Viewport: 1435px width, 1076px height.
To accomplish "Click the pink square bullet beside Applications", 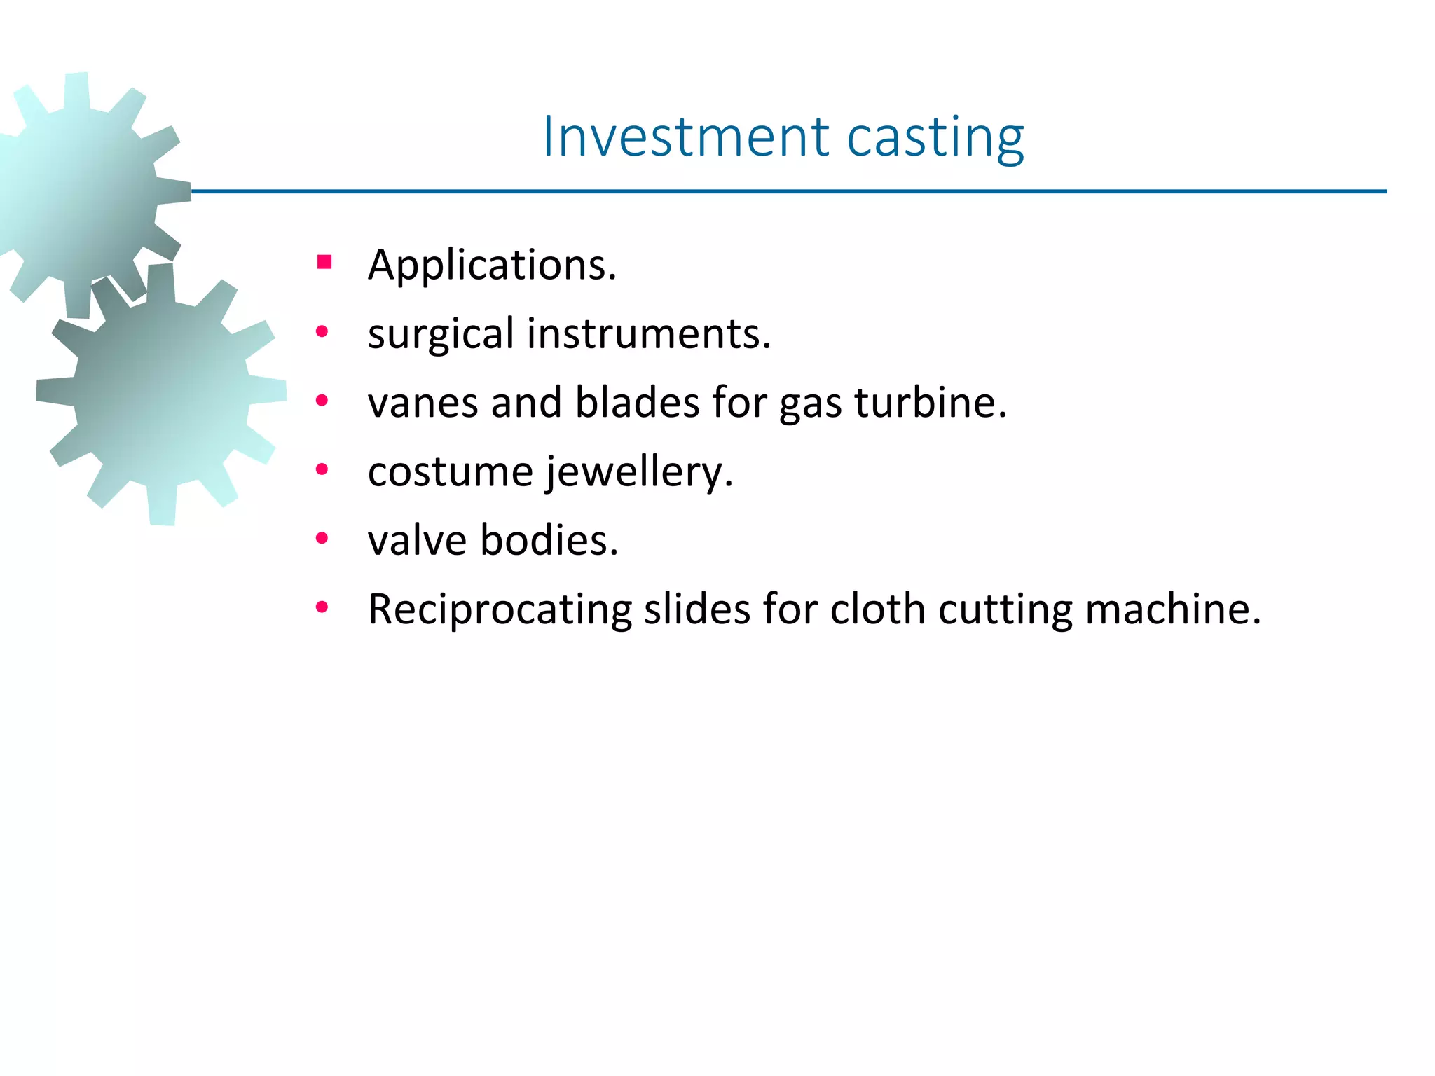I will pyautogui.click(x=324, y=263).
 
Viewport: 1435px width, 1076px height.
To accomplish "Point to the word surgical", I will pyautogui.click(x=441, y=333).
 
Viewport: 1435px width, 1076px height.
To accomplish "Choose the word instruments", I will pyautogui.click(x=648, y=333).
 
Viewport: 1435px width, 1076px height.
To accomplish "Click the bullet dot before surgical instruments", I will pyautogui.click(x=322, y=332).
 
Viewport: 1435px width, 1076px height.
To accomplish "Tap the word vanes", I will pyautogui.click(x=423, y=402).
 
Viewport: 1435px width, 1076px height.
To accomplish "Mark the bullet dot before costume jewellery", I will pyautogui.click(x=322, y=469).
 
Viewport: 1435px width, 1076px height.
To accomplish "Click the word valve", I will pyautogui.click(x=417, y=539).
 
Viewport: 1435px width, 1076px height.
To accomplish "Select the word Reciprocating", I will pyautogui.click(x=500, y=609).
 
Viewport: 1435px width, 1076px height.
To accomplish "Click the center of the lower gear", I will pyautogui.click(x=161, y=394).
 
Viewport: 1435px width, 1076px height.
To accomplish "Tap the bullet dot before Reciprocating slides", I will pyautogui.click(x=322, y=607).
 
